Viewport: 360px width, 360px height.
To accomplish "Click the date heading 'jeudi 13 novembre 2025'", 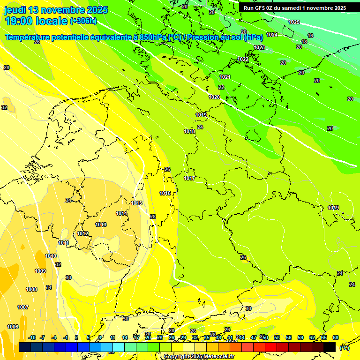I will tap(56, 10).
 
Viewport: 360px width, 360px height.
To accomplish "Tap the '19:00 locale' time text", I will tap(36, 21).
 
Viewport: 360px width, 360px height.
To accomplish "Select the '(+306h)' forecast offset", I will tap(83, 21).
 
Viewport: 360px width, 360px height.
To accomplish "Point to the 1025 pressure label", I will tap(294, 22).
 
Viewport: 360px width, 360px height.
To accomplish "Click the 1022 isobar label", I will tap(243, 60).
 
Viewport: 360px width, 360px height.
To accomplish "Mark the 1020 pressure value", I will tap(214, 97).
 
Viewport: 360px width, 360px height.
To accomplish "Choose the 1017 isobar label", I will tap(189, 179).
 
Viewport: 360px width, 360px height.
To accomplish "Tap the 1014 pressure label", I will tap(122, 213).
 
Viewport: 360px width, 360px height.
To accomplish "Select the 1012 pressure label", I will tap(83, 233).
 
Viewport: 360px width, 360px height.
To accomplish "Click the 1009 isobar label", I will tap(40, 271).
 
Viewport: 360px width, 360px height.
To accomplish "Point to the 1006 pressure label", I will tap(13, 327).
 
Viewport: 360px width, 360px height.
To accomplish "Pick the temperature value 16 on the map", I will tap(310, 36).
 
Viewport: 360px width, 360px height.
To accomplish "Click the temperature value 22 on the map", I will tap(221, 87).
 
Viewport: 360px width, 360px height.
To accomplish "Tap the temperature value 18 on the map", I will tap(304, 42).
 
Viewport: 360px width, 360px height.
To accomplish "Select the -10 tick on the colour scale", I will tap(32, 337).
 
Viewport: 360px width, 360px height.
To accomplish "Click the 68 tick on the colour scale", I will tap(336, 337).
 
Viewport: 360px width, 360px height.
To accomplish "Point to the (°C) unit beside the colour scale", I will tap(344, 348).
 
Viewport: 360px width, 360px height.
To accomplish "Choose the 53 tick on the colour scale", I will tap(277, 337).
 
